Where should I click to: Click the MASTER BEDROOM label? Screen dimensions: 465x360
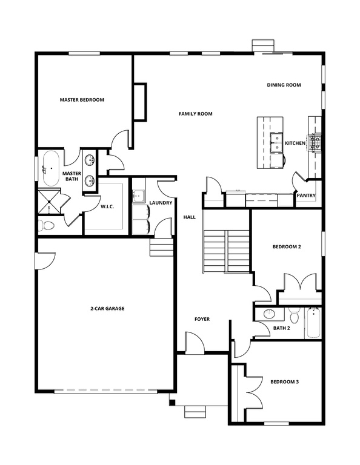(x=82, y=100)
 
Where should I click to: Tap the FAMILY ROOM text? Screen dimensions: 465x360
(x=195, y=114)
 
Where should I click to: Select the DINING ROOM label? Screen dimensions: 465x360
(x=284, y=85)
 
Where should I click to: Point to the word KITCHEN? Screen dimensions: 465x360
(x=296, y=143)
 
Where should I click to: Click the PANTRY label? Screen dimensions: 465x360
(x=305, y=196)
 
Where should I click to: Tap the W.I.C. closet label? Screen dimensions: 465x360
(x=107, y=207)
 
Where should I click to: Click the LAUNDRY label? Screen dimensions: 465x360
(x=161, y=202)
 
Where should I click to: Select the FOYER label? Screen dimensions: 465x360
(x=202, y=319)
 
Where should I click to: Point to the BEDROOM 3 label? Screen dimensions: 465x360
(x=284, y=382)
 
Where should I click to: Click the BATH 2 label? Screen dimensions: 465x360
(x=282, y=328)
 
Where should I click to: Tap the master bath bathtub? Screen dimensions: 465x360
(x=50, y=165)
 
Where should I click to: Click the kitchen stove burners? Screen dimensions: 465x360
(x=315, y=143)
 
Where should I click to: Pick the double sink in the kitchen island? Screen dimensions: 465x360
(x=276, y=143)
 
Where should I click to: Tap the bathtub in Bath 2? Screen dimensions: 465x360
(x=313, y=322)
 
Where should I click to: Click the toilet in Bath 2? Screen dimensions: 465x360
(x=295, y=315)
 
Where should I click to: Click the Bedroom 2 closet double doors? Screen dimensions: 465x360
(x=299, y=283)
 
